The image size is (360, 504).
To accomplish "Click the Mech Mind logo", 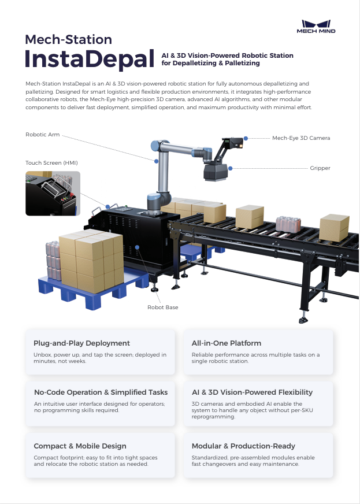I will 316,26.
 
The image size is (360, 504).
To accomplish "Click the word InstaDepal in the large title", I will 86,60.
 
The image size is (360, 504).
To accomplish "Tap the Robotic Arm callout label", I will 42,135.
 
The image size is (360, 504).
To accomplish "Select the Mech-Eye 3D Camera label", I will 301,138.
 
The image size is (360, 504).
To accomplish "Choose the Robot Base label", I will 163,307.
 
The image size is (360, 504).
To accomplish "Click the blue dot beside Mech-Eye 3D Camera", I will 246,138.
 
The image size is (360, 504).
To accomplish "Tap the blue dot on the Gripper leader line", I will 230,168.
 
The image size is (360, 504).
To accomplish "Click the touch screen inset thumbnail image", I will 53,193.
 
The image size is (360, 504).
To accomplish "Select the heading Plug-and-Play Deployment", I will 81,343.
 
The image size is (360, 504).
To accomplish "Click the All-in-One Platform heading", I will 227,343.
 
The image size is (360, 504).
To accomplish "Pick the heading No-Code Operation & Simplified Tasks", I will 101,392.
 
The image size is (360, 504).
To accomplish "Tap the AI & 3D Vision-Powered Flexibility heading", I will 252,392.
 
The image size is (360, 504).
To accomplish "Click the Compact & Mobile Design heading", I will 80,446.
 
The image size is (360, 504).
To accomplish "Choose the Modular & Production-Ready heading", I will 243,446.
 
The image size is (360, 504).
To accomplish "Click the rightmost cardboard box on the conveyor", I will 334,227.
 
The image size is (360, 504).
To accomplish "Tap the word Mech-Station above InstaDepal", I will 68,39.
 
